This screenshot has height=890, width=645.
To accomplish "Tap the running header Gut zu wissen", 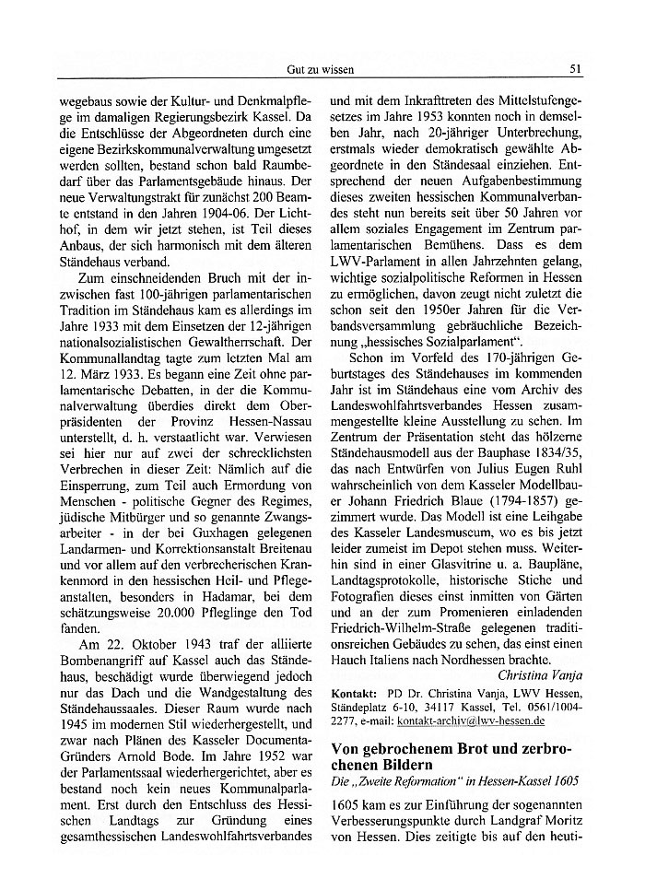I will (x=321, y=69).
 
